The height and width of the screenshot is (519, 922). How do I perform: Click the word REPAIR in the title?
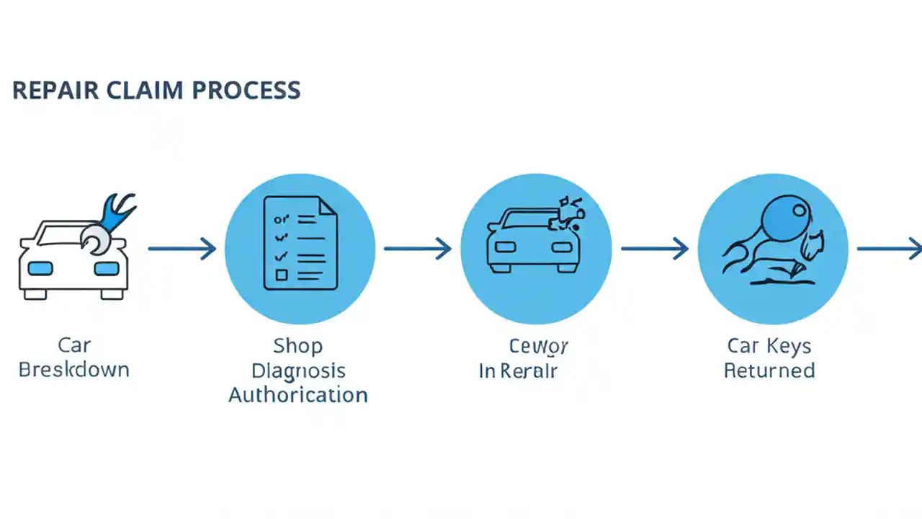coord(51,90)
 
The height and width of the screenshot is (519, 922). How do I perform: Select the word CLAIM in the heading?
coord(140,90)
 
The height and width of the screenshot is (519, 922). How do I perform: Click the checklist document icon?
coord(300,244)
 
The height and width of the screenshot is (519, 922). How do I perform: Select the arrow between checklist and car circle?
coord(417,249)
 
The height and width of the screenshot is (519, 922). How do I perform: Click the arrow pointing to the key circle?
coord(654,249)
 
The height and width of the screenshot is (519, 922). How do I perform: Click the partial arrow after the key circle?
coord(890,249)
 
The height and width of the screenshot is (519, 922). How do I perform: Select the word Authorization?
coord(298,395)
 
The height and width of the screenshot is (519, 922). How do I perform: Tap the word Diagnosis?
coord(298,371)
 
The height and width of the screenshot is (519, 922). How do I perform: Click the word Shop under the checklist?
coord(297,346)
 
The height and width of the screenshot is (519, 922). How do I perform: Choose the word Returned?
coord(769,371)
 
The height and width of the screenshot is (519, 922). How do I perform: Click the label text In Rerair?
coord(519,371)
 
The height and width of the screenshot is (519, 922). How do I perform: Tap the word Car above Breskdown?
coord(73,346)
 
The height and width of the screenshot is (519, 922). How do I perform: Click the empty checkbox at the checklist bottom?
coord(282,275)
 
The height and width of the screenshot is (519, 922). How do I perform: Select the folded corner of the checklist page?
coord(328,205)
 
